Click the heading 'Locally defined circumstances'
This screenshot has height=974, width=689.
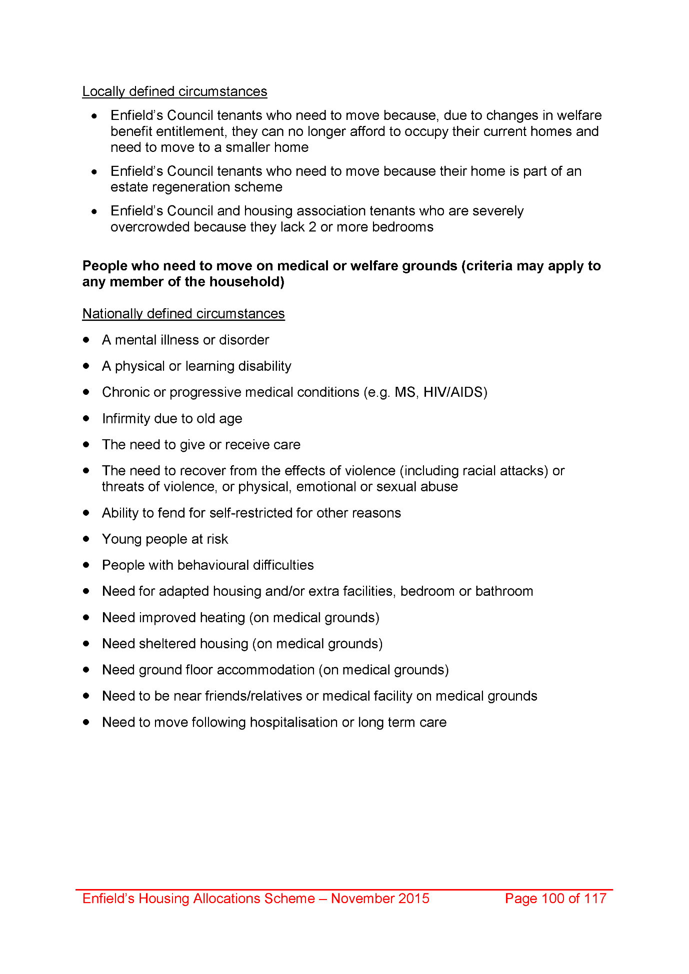tap(174, 91)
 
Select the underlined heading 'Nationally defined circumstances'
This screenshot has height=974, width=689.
tap(183, 313)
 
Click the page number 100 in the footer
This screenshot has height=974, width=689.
tap(553, 899)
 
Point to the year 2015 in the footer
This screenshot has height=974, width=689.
tap(413, 899)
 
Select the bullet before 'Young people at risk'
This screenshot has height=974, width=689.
tap(86, 539)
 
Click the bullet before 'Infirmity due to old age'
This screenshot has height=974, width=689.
tap(86, 418)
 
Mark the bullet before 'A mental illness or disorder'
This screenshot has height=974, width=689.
tap(86, 340)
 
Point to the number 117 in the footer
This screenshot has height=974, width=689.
tap(595, 899)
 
